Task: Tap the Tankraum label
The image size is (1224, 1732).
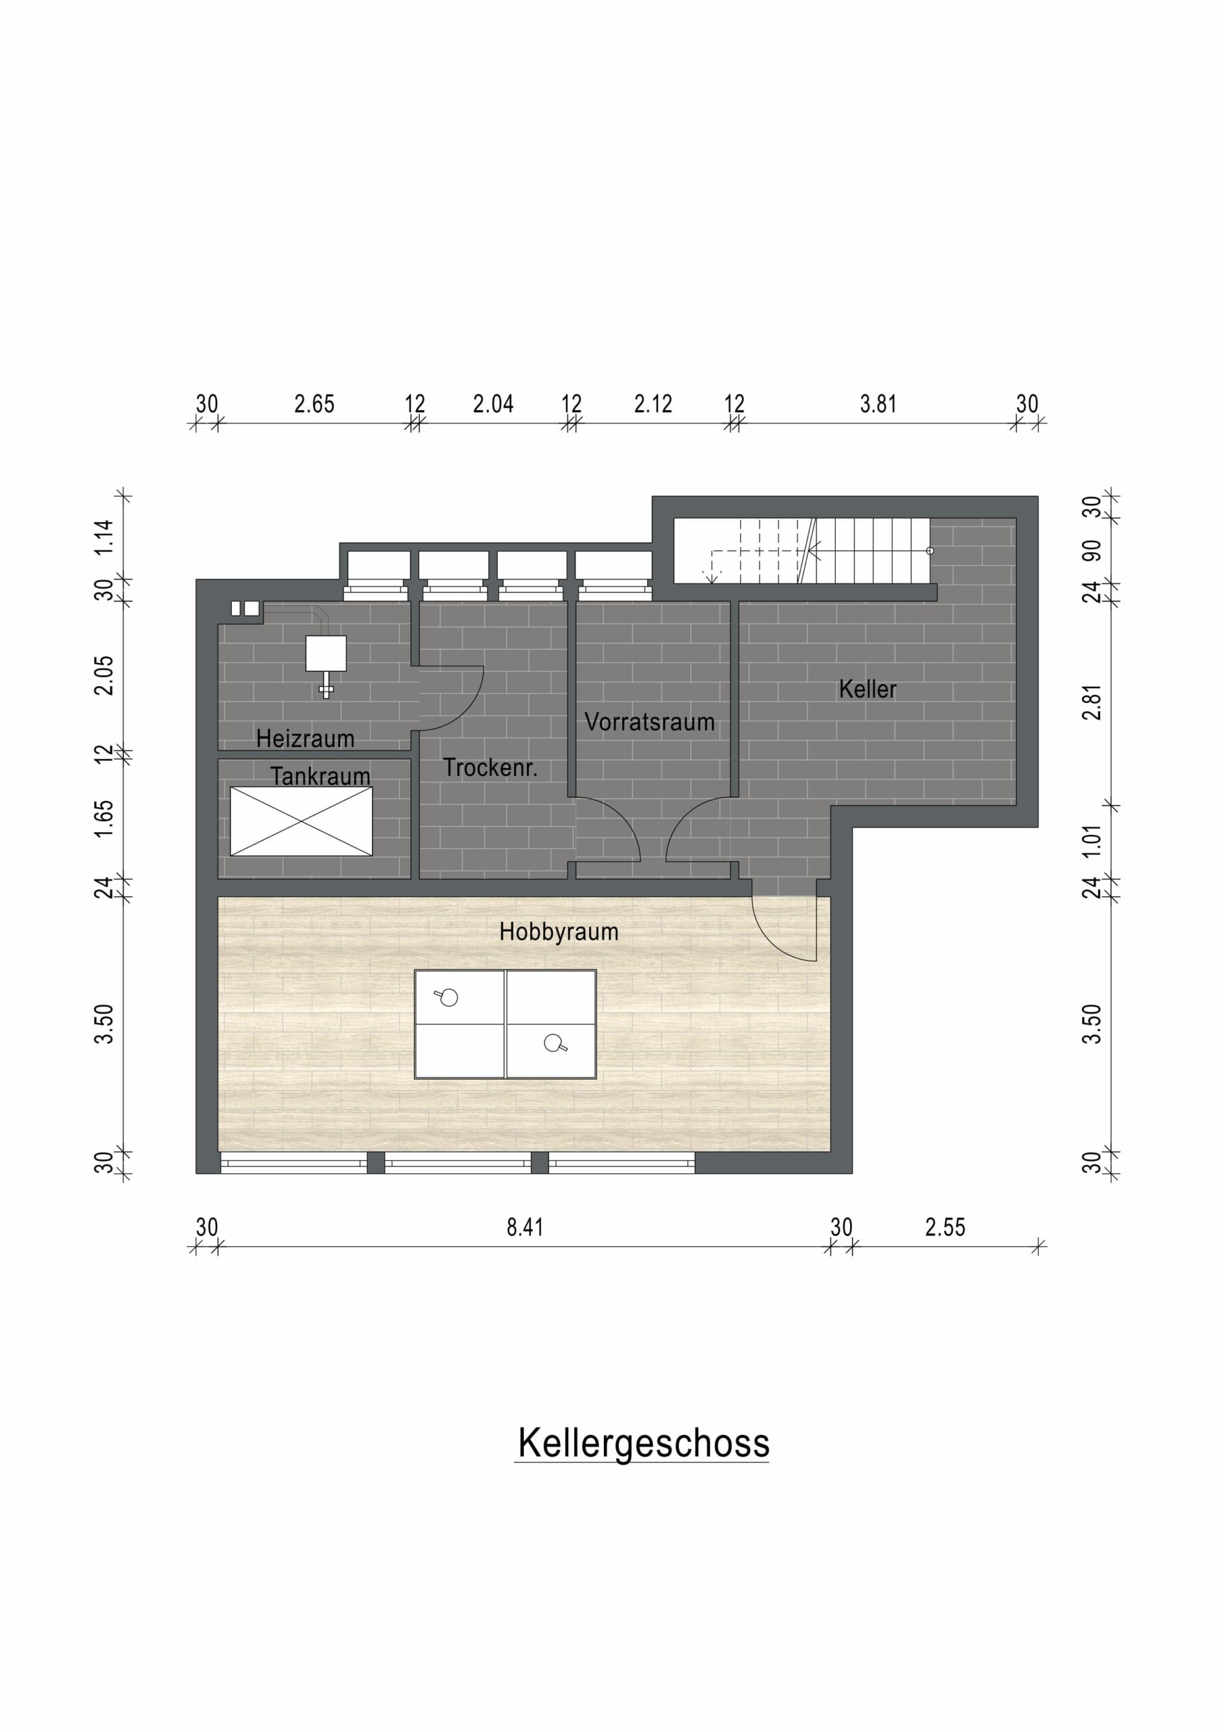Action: pyautogui.click(x=320, y=775)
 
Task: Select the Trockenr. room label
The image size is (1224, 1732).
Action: pyautogui.click(x=490, y=767)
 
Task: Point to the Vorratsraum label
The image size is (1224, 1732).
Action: pyautogui.click(x=649, y=722)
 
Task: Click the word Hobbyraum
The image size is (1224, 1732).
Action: pyautogui.click(x=559, y=932)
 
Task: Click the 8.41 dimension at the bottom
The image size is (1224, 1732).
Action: pyautogui.click(x=525, y=1227)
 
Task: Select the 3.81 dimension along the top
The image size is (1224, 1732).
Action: pyautogui.click(x=878, y=405)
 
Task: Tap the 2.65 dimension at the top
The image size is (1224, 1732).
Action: pyautogui.click(x=314, y=405)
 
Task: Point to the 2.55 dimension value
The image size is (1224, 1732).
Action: pyautogui.click(x=945, y=1227)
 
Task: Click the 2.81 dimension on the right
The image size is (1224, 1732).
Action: pyautogui.click(x=1092, y=702)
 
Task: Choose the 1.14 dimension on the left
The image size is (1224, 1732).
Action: pyautogui.click(x=104, y=537)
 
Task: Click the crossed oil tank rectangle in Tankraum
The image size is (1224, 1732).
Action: pyautogui.click(x=301, y=821)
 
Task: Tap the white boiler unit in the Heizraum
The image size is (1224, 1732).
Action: pyautogui.click(x=326, y=654)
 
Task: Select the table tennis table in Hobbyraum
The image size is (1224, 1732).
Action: pyautogui.click(x=505, y=1024)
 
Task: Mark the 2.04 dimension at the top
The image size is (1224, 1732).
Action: pyautogui.click(x=493, y=405)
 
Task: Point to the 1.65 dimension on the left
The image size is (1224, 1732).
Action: pyautogui.click(x=104, y=818)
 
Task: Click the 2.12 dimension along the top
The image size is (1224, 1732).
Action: pyautogui.click(x=653, y=405)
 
